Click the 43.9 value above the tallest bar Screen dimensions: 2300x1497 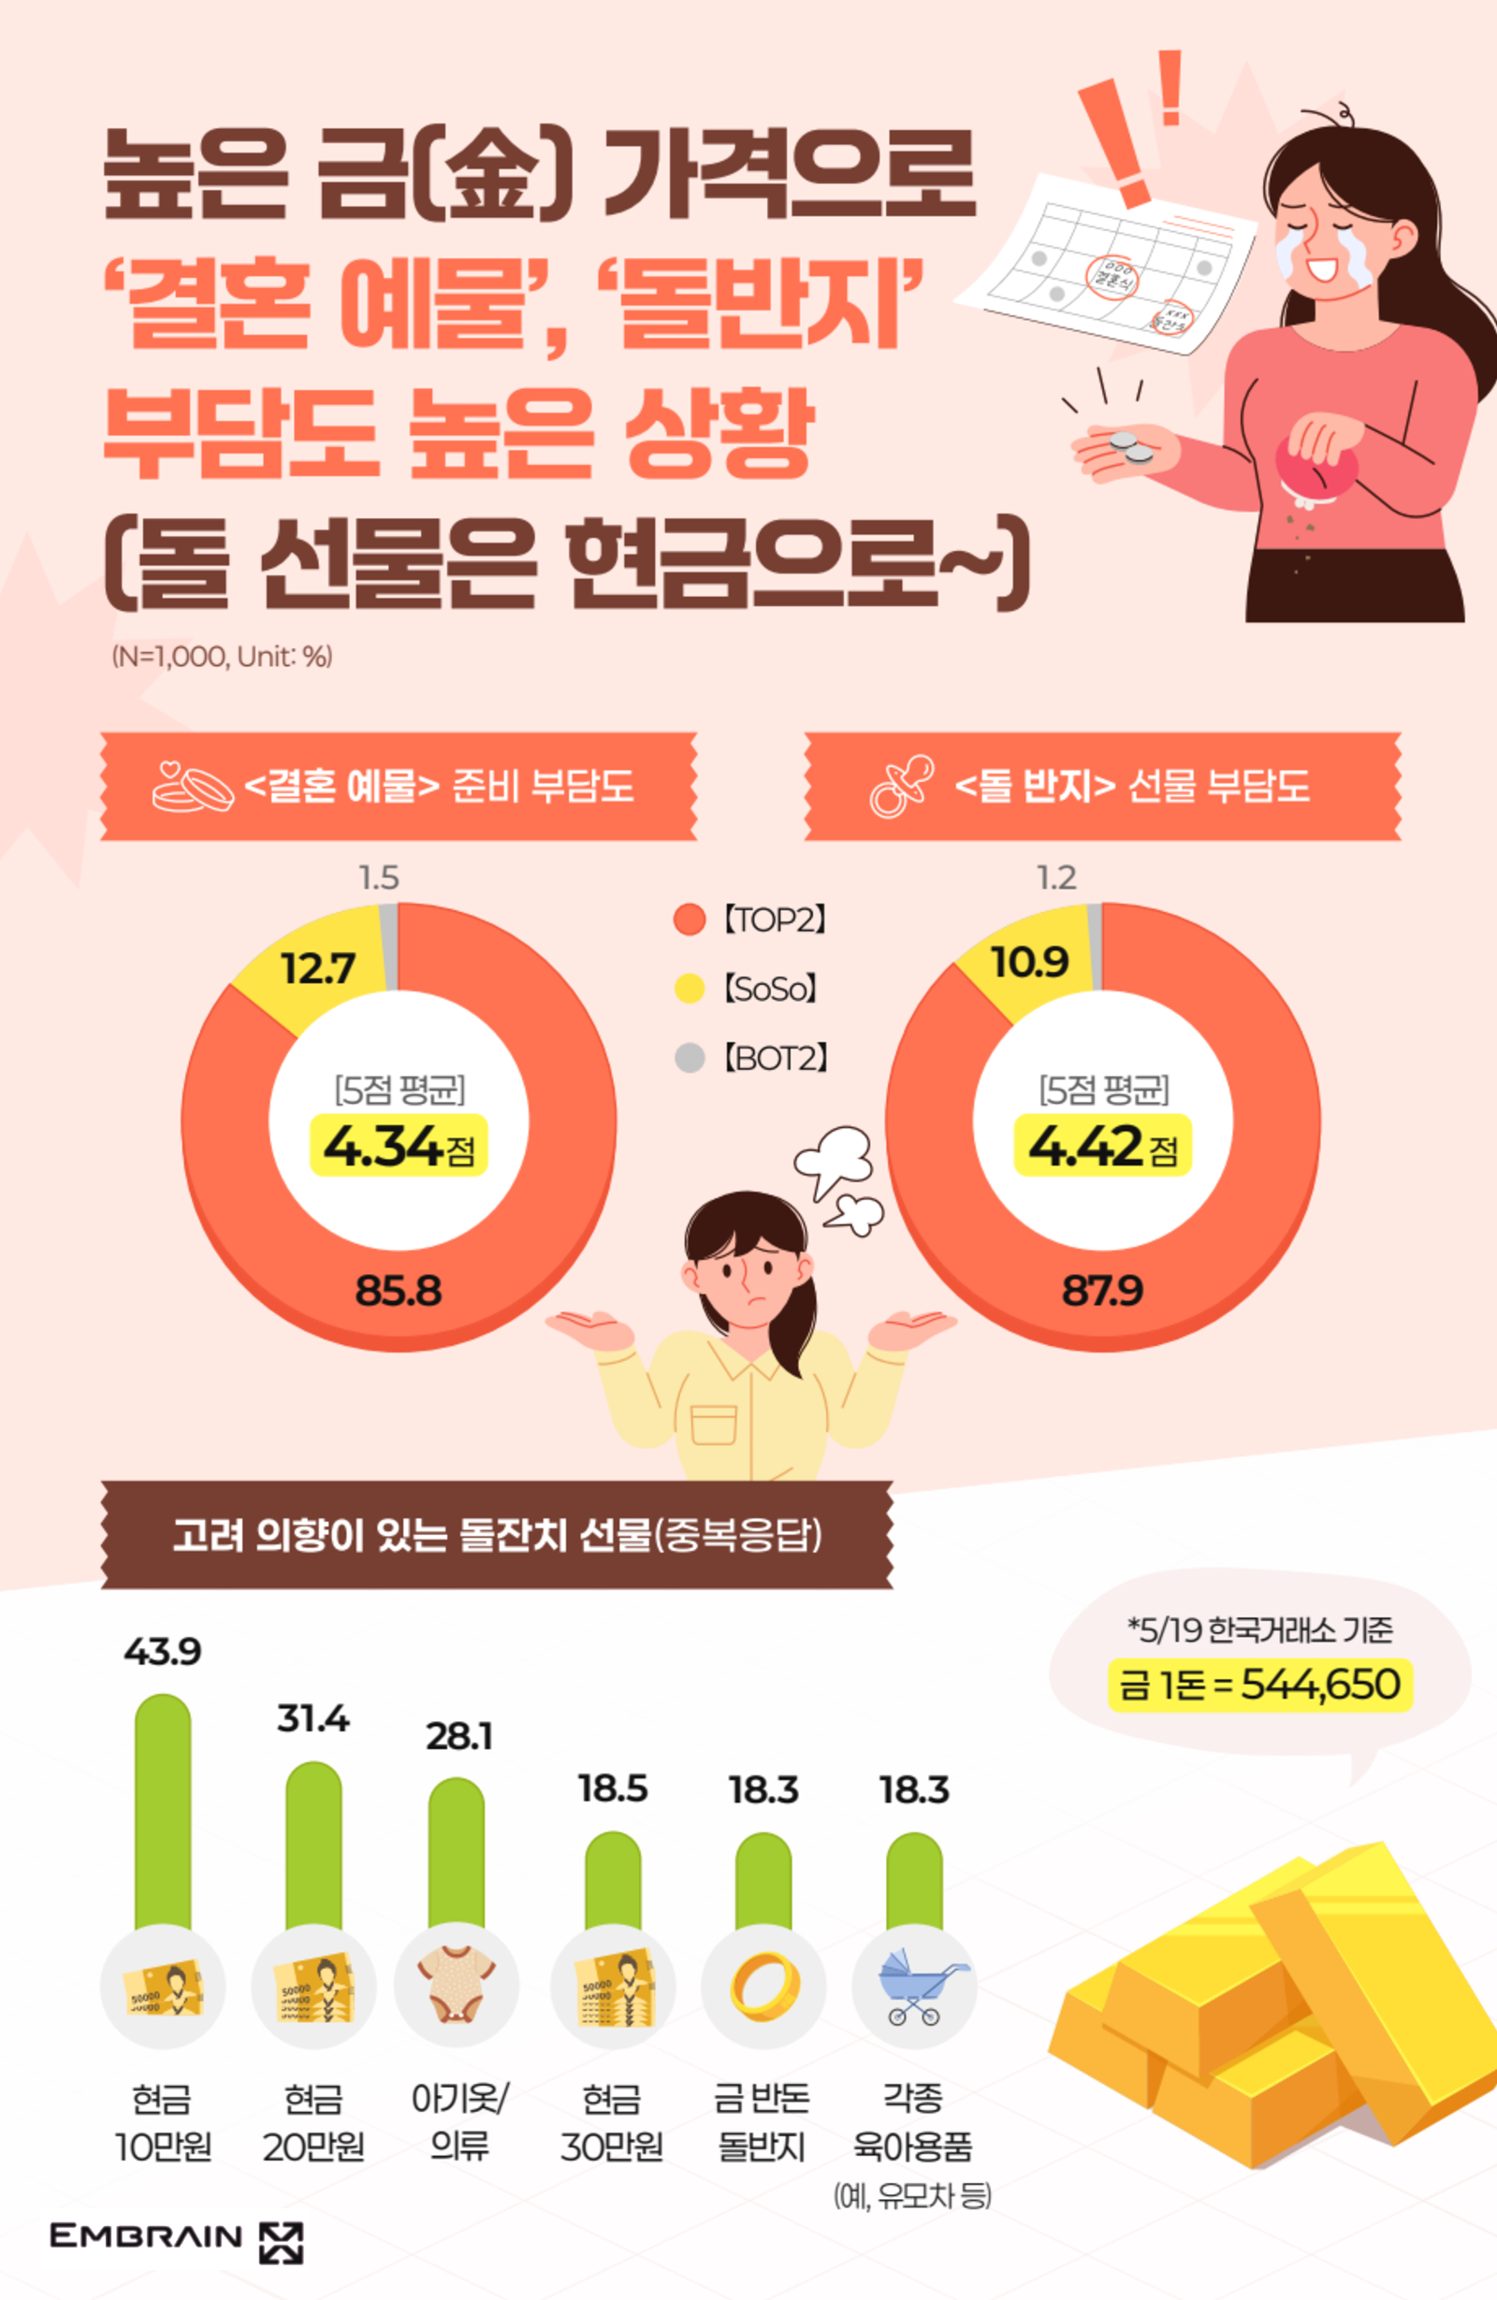point(163,1652)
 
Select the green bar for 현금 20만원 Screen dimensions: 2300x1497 point(313,1844)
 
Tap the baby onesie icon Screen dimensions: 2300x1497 point(457,1982)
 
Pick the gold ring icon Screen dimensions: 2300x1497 point(763,1982)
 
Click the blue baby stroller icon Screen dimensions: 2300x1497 point(914,1986)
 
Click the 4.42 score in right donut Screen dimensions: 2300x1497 point(1086,1146)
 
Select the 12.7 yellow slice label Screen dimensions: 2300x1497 point(318,968)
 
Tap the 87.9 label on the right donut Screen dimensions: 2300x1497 point(1102,1290)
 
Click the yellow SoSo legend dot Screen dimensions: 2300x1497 point(689,989)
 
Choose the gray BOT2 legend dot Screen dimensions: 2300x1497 point(689,1058)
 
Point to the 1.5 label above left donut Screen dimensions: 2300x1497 point(379,877)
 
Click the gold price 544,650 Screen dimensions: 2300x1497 point(1320,1685)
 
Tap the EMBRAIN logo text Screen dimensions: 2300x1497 point(146,2235)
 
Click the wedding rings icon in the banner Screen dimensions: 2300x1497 point(194,787)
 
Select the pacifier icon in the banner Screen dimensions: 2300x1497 point(901,787)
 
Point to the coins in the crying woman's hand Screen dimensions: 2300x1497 point(1131,446)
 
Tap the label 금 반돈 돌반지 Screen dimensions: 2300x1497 point(763,2121)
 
